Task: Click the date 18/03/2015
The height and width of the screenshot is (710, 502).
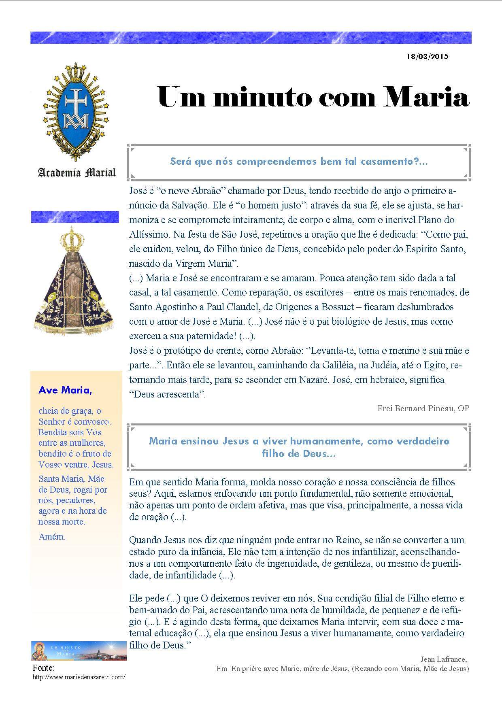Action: [428, 57]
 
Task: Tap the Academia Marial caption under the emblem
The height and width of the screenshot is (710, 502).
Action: [77, 173]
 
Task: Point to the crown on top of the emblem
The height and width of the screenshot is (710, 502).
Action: [76, 72]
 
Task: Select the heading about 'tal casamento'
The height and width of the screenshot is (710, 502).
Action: [299, 162]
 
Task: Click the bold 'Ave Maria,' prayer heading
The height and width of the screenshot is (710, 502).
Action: [65, 390]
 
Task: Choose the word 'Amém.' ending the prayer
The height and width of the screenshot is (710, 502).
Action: [52, 537]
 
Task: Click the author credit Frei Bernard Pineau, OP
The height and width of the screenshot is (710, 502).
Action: [423, 408]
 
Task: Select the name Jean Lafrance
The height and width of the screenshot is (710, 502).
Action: [443, 659]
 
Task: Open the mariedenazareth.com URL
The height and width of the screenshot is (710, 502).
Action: [79, 677]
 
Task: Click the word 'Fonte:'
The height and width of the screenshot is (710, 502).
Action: [43, 668]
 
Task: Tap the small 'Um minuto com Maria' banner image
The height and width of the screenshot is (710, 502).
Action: [73, 650]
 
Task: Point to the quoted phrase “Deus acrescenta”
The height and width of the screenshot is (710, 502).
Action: [167, 394]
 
